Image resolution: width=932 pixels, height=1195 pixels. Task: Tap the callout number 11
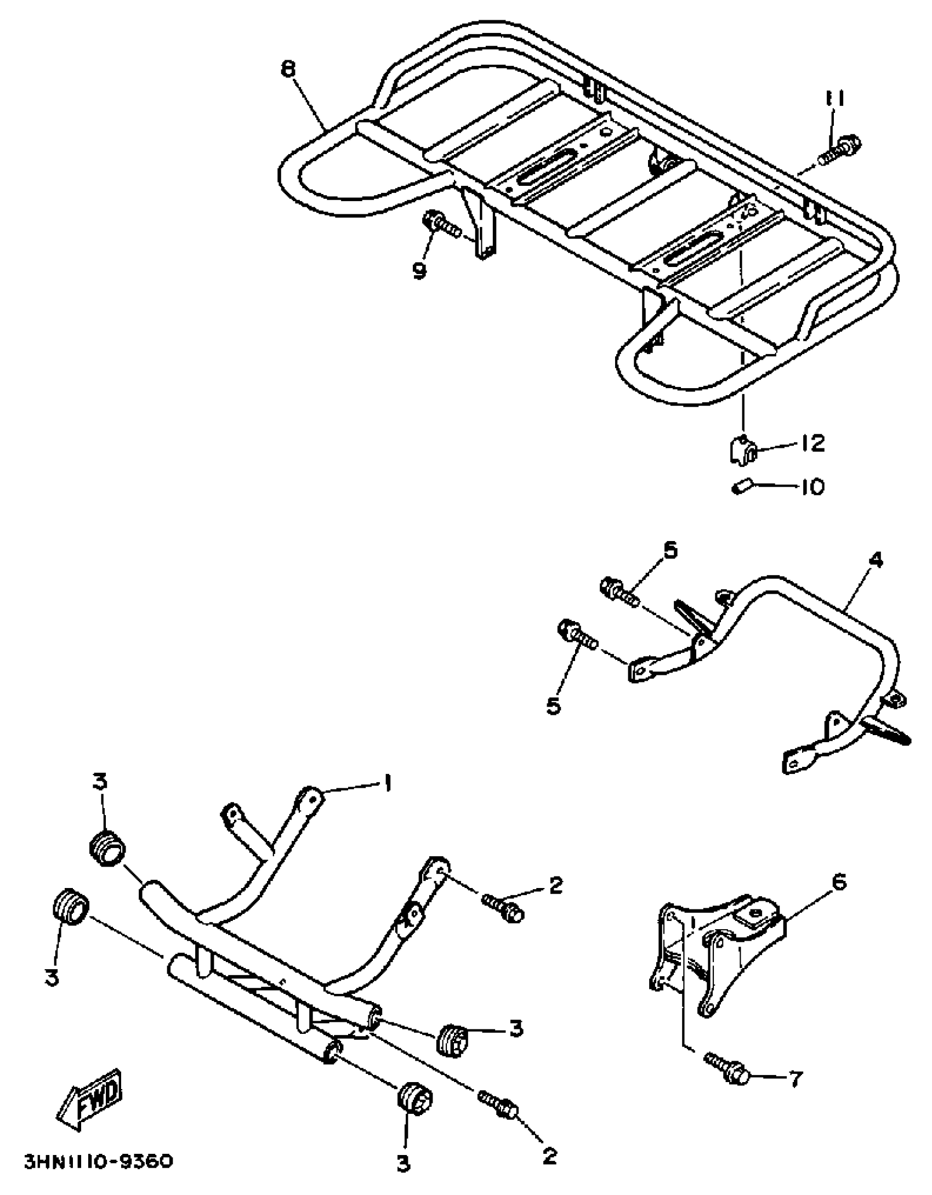click(834, 100)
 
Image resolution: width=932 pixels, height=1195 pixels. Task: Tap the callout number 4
click(876, 560)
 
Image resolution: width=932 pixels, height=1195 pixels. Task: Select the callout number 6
click(838, 882)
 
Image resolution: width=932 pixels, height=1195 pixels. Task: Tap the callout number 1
click(387, 784)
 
